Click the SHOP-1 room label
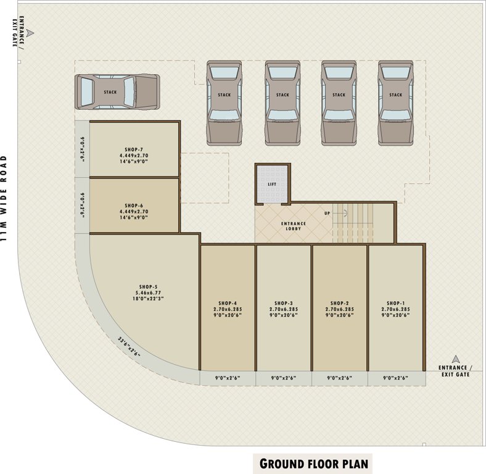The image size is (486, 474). point(395,303)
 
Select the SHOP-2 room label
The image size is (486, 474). point(339,303)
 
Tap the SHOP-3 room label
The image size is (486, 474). point(283,303)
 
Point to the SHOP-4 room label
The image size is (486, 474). point(226,303)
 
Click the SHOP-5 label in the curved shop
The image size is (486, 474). point(147,287)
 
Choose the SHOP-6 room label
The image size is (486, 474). point(133,206)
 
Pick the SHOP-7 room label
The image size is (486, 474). point(133,149)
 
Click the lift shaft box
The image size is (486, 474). point(272,184)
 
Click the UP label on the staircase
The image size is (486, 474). point(327,213)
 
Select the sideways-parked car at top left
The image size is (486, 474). point(117,92)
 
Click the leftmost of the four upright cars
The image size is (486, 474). point(224,102)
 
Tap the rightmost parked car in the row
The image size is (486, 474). point(395,102)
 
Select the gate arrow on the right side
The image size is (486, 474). point(456,359)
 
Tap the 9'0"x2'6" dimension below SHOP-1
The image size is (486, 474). point(395,378)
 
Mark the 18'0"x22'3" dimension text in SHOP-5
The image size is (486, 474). point(147,299)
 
